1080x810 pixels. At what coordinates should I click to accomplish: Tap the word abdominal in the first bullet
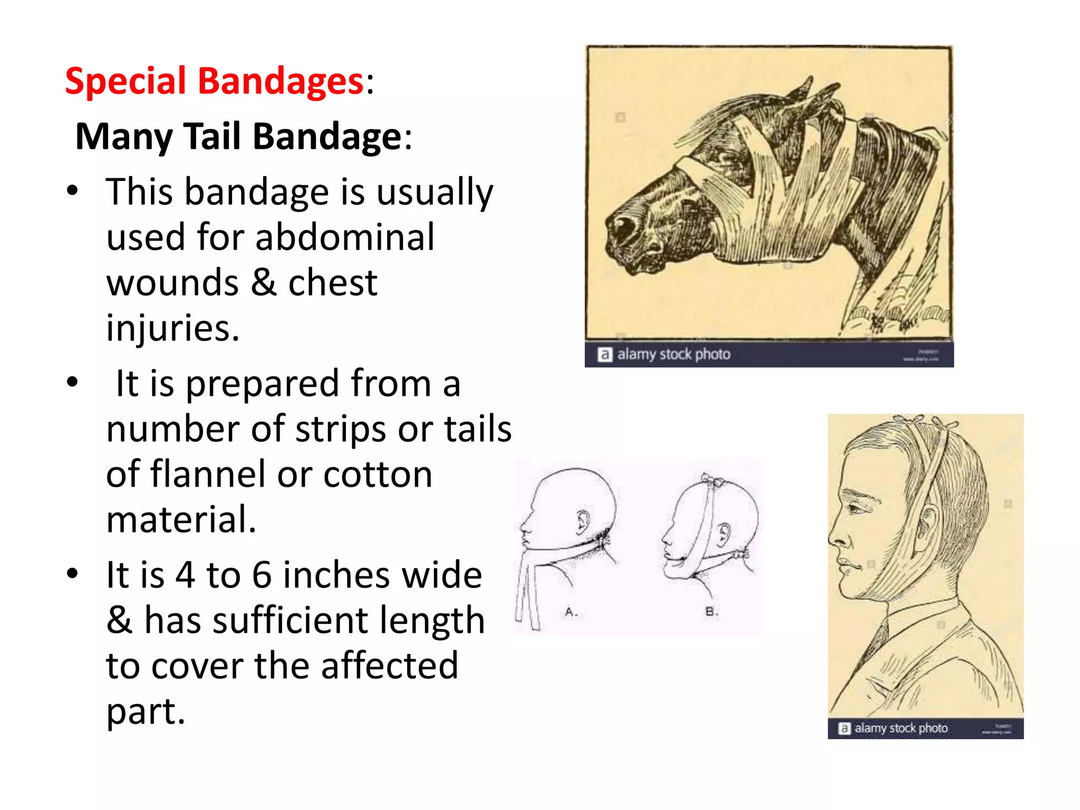click(x=345, y=237)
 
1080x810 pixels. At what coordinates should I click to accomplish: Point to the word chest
click(x=333, y=283)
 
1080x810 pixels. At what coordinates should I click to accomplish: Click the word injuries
click(x=172, y=328)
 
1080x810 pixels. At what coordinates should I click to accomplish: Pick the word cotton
click(x=378, y=474)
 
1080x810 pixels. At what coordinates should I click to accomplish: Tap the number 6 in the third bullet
click(x=262, y=575)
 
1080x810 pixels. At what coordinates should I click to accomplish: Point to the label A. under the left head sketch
click(x=571, y=612)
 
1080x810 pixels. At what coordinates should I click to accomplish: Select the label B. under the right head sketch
click(x=711, y=612)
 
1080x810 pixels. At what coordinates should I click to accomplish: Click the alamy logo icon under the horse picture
click(x=604, y=354)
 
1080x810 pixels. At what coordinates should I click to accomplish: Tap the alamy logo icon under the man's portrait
click(x=844, y=728)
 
